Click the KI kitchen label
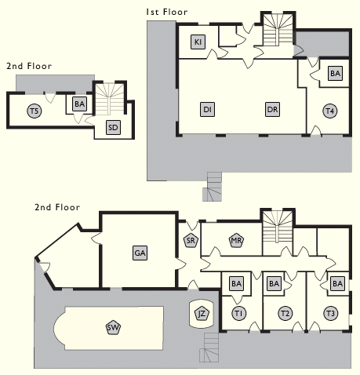[x=198, y=42]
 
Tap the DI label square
[x=207, y=109]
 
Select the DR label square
[x=272, y=109]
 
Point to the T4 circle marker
[x=330, y=111]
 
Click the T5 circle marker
[x=35, y=111]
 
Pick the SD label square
[x=113, y=127]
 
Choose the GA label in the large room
[x=140, y=253]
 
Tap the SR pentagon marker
[x=191, y=240]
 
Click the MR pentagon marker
[x=236, y=240]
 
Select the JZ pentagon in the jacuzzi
[x=202, y=314]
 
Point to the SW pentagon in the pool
[x=114, y=328]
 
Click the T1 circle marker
[x=239, y=313]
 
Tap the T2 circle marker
[x=285, y=313]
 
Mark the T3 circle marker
[x=331, y=313]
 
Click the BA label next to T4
[x=335, y=73]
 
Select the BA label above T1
[x=237, y=283]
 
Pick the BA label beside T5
[x=80, y=104]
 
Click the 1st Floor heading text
[x=167, y=12]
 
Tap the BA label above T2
[x=275, y=283]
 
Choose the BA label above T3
[x=337, y=283]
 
